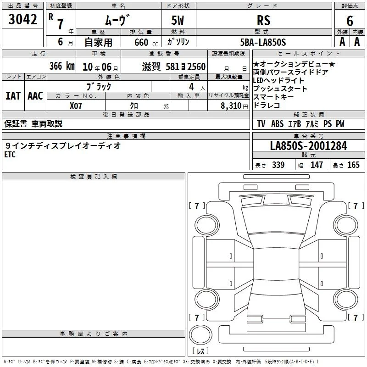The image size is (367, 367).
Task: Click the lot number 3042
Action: tap(22, 19)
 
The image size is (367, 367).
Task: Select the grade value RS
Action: tap(263, 20)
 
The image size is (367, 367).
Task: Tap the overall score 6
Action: tap(350, 21)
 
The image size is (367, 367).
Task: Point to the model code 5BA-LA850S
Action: tap(263, 42)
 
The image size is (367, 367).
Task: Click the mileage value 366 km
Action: tap(62, 66)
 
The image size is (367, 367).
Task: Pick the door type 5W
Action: tap(178, 20)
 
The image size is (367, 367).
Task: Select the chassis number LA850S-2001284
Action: tap(308, 146)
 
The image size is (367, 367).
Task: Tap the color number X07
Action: tap(76, 106)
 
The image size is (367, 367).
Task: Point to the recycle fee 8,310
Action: tap(231, 106)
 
